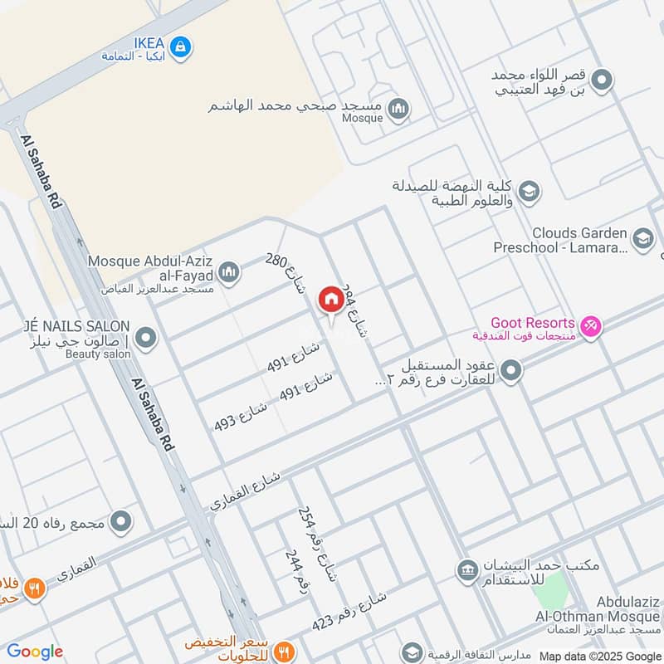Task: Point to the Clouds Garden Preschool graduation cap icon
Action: coord(642,239)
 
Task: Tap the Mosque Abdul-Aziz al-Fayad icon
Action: coord(230,271)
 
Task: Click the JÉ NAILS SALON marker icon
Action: coord(146,338)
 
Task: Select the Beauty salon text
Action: coord(99,354)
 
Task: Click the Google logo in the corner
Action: coord(35,652)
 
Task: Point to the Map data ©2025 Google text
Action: coord(599,655)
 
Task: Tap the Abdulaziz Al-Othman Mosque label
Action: coord(614,614)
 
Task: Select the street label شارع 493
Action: coord(241,413)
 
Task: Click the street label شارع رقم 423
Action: coord(349,611)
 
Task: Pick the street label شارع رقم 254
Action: coord(317,544)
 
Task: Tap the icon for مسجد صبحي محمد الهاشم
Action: coord(399,109)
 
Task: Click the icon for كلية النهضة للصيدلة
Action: coord(530,193)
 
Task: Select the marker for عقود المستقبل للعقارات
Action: coord(511,370)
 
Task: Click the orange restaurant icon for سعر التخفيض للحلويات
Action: coord(284,651)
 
